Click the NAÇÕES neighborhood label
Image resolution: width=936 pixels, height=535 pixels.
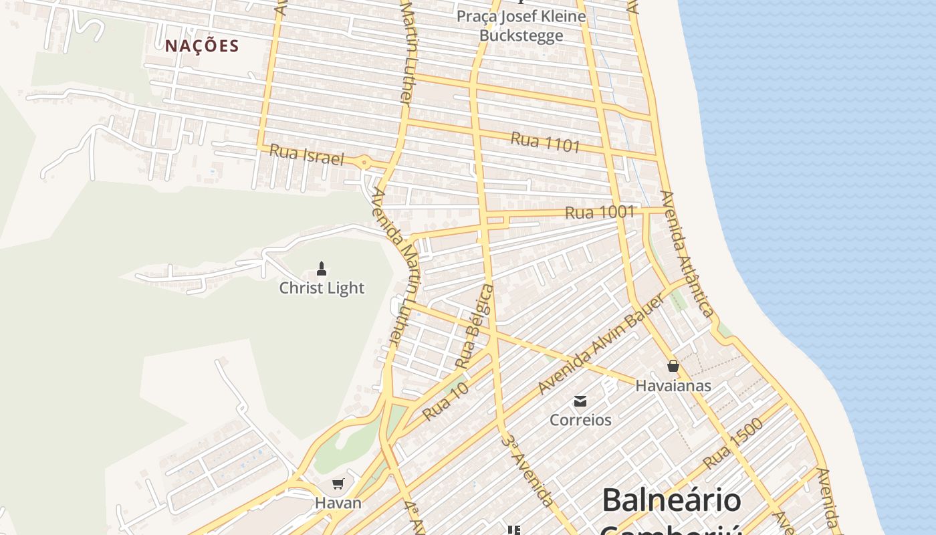tap(202, 46)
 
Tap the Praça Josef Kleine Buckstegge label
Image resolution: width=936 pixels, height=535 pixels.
tap(521, 25)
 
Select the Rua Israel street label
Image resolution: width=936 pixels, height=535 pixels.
tap(306, 155)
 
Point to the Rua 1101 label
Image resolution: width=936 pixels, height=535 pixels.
tap(545, 142)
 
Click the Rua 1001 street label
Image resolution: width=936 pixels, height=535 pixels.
tap(599, 213)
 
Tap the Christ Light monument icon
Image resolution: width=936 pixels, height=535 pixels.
tap(322, 269)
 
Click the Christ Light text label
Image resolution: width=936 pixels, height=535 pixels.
tap(322, 288)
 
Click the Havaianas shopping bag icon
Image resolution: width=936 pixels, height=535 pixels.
tap(673, 366)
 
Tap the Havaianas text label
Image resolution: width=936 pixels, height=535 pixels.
tap(673, 386)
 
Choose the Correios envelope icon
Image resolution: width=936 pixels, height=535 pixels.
tap(580, 401)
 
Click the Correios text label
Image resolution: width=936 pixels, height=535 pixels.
tap(580, 420)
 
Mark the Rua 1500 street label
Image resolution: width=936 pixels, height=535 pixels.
tap(733, 443)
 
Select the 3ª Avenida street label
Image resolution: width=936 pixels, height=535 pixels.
tap(527, 471)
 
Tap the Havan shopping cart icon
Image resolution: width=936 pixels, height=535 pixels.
tap(338, 484)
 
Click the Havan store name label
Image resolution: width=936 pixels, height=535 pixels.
tap(338, 503)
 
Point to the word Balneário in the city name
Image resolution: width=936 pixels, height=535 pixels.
tap(671, 500)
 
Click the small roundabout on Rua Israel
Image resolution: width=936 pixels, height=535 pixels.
tap(364, 162)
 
